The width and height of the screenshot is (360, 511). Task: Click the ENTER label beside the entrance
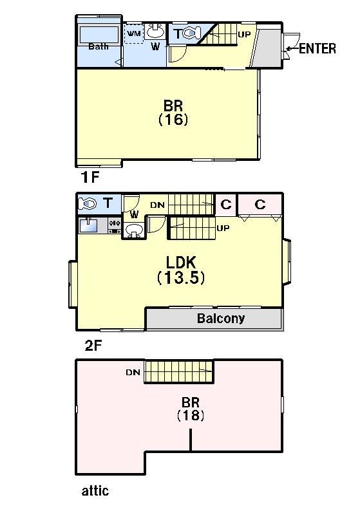tap(317, 48)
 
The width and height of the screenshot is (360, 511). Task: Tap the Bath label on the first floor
tap(99, 46)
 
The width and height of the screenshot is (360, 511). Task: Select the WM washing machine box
tap(134, 33)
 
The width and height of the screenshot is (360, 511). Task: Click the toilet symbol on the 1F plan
tap(191, 33)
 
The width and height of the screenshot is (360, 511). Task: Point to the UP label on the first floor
tap(244, 35)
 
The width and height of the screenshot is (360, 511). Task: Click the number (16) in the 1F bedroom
tap(173, 120)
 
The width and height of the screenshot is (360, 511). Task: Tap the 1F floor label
tap(90, 177)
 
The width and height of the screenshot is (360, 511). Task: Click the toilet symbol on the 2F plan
tap(88, 204)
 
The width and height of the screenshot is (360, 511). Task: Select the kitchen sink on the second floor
tap(88, 225)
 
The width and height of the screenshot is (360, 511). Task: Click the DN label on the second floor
tap(158, 205)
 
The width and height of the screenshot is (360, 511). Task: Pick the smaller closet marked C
tap(226, 205)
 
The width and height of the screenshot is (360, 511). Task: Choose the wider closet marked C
tap(260, 205)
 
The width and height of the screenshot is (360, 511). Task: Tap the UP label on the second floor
tap(223, 228)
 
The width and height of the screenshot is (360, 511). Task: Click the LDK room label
tap(181, 263)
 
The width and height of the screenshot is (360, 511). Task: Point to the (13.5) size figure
tap(181, 278)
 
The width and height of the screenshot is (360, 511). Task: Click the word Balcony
tap(221, 319)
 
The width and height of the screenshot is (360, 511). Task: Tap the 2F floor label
tap(93, 346)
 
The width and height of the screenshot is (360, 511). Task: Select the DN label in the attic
tap(133, 372)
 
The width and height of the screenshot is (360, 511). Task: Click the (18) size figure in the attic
tap(191, 416)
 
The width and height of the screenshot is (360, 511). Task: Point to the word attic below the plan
tap(95, 490)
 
